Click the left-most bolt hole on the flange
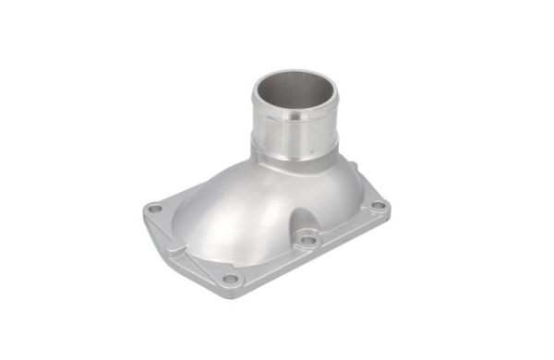155,209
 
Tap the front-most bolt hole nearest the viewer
230,278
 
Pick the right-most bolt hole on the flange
378,205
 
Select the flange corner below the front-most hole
231,292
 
